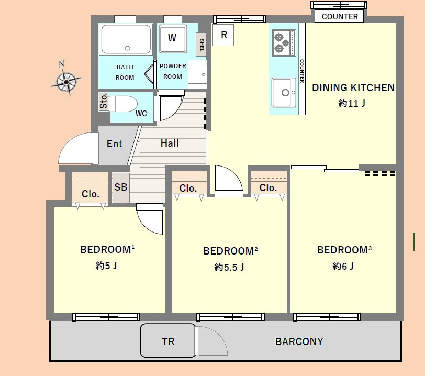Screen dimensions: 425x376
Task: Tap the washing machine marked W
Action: click(173, 39)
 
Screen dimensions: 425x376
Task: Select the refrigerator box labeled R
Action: click(223, 35)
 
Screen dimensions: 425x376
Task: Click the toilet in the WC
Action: click(123, 104)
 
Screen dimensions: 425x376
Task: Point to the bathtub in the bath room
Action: click(126, 40)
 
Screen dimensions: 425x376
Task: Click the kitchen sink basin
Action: click(284, 93)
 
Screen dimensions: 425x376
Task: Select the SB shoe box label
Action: click(120, 187)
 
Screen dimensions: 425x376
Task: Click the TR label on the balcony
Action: click(168, 341)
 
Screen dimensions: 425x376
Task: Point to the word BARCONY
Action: click(299, 341)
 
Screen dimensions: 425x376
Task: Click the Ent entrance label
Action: click(115, 143)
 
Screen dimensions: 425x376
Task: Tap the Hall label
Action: click(170, 143)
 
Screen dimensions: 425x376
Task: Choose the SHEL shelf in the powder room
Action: click(201, 45)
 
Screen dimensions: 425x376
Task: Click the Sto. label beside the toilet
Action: click(104, 102)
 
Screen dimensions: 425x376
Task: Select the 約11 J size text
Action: click(352, 103)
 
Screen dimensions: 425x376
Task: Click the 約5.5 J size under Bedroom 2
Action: click(229, 267)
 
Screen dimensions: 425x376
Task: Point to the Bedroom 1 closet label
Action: click(90, 194)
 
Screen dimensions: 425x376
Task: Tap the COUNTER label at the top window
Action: click(340, 17)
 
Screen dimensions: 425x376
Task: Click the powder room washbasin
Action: click(198, 74)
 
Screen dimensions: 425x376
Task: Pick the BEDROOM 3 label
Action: click(344, 250)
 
